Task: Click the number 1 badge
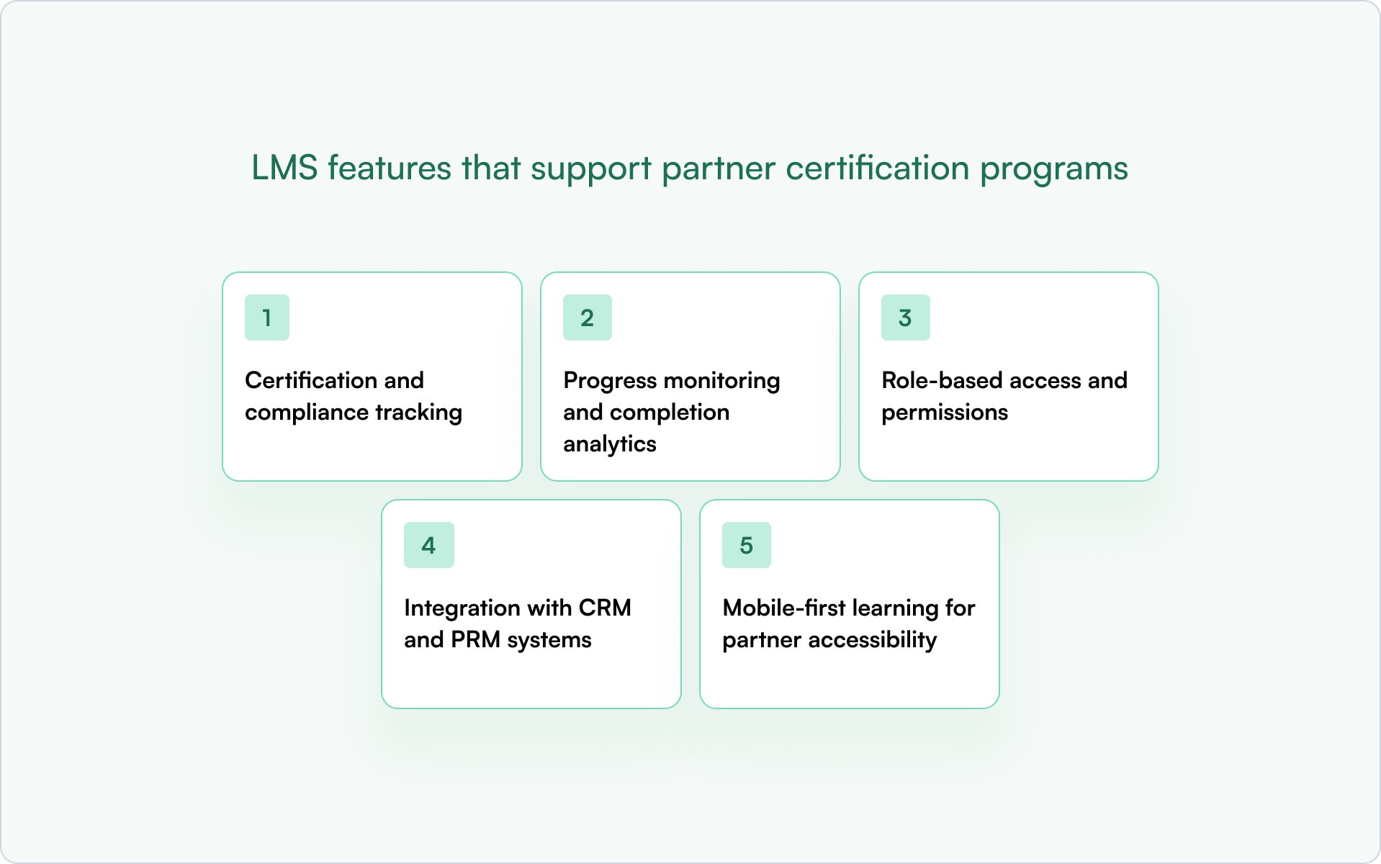(x=267, y=318)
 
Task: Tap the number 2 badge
(x=588, y=318)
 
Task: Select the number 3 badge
(x=905, y=318)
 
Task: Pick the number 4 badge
(x=429, y=545)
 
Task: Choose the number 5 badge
(x=747, y=545)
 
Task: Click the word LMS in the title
(x=284, y=168)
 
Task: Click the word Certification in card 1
(x=311, y=380)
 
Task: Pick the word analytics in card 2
(x=610, y=444)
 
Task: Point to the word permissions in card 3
(x=945, y=413)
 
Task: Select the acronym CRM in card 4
(x=605, y=608)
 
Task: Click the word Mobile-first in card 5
(x=784, y=608)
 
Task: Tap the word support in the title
(x=591, y=168)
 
